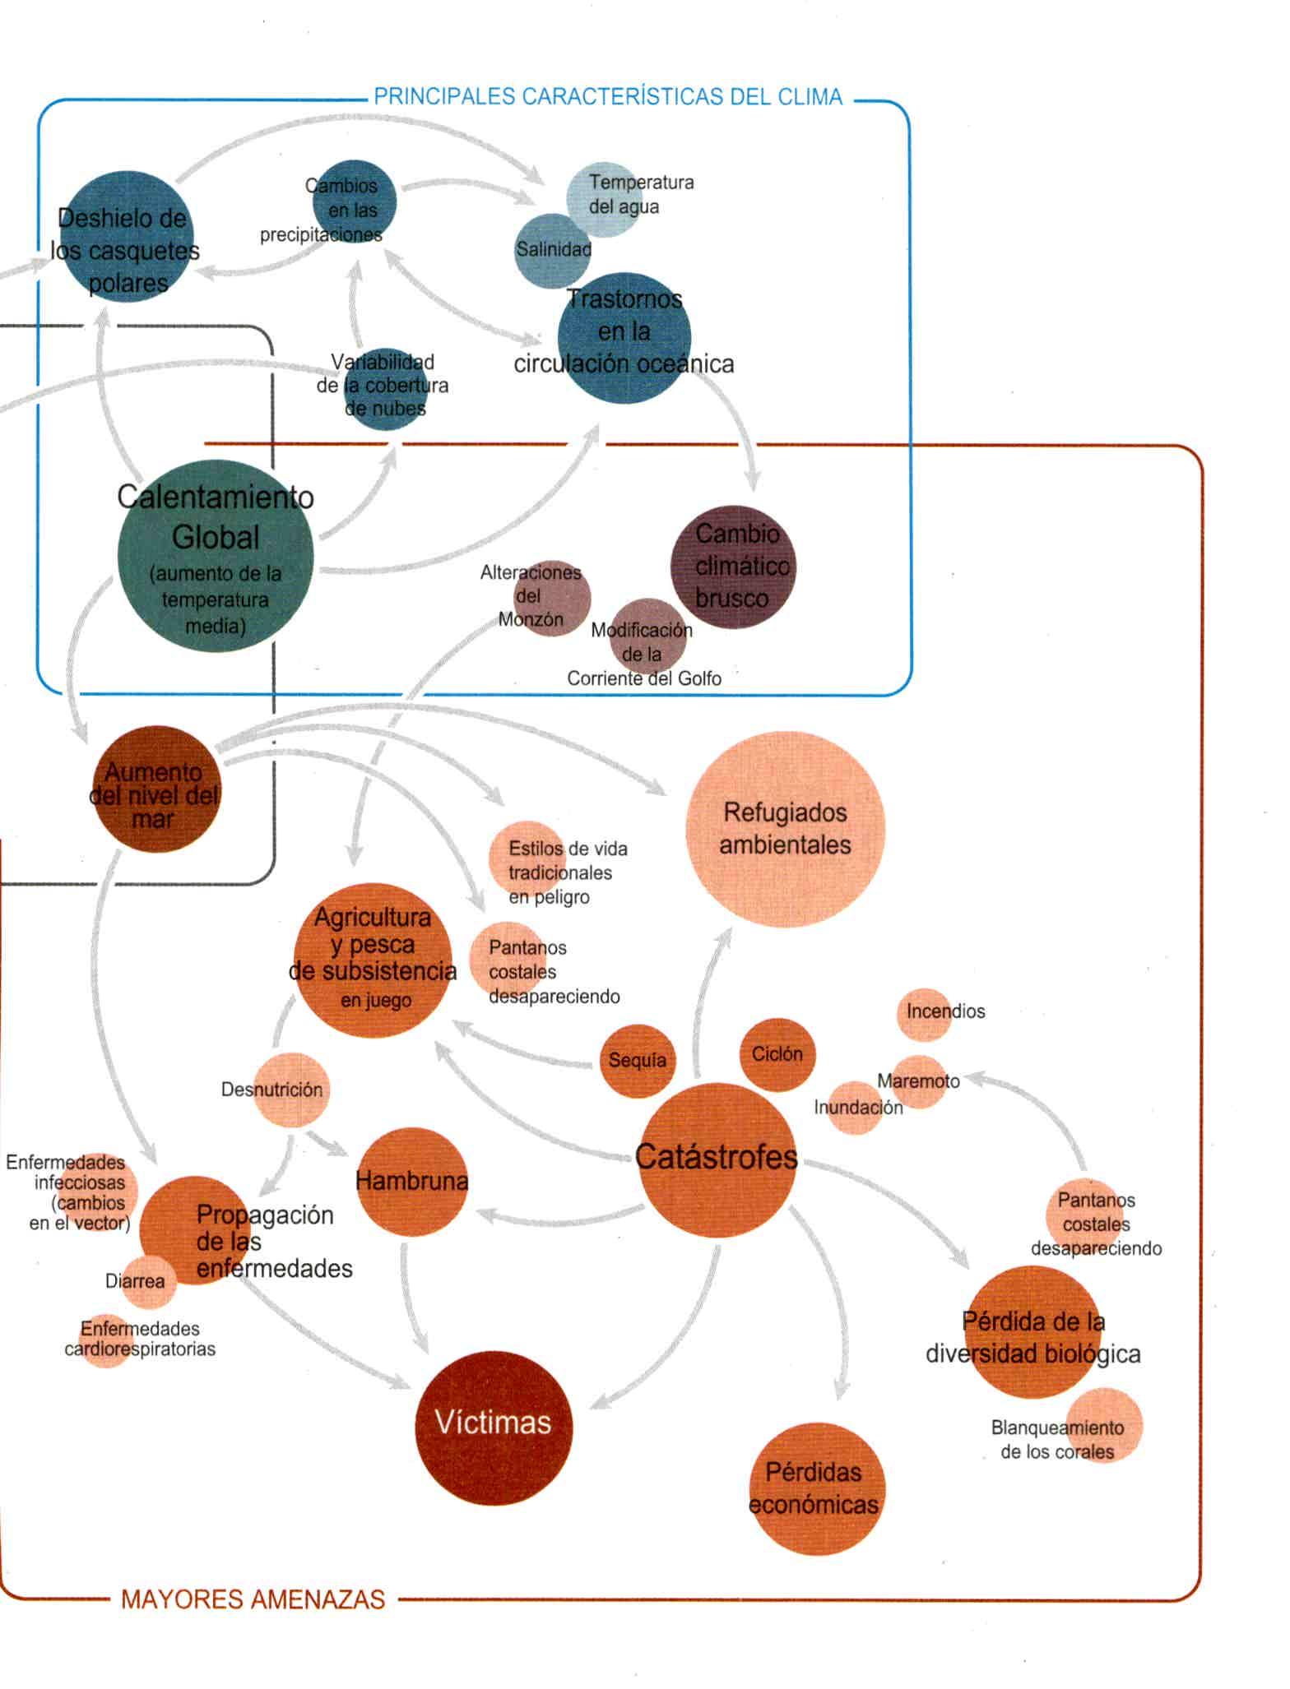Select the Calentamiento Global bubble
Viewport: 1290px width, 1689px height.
(216, 557)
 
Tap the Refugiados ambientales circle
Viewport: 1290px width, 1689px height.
(785, 829)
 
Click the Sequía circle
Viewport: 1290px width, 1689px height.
(636, 1060)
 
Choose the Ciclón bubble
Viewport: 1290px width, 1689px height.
(777, 1054)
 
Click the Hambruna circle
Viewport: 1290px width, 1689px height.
(411, 1182)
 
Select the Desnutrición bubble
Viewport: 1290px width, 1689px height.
(290, 1090)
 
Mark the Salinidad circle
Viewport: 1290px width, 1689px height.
(552, 250)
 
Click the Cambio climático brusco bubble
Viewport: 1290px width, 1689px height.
(733, 567)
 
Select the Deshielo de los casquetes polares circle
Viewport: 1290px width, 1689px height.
(126, 237)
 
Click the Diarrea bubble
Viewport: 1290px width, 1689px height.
(149, 1281)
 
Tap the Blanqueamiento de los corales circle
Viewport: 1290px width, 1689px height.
(1103, 1426)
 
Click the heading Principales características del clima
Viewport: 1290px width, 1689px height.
(608, 97)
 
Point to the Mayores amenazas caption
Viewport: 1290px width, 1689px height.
(253, 1599)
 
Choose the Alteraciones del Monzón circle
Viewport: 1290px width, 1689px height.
(552, 598)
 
